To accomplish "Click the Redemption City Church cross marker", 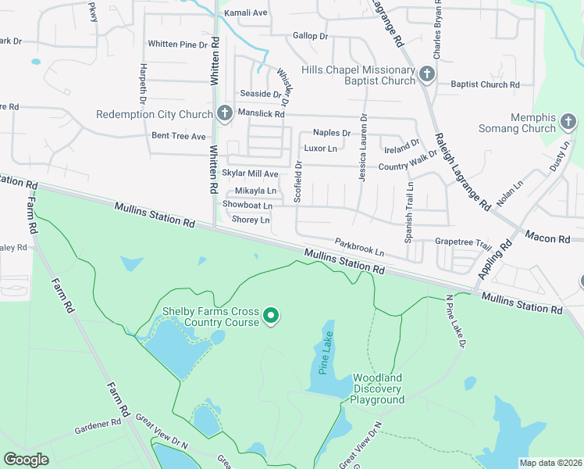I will [224, 114].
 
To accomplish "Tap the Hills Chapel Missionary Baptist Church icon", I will [426, 75].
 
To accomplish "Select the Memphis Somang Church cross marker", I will [568, 122].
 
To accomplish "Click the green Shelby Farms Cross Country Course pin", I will [271, 316].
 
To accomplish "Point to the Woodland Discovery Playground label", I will [377, 388].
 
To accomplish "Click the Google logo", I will [26, 460].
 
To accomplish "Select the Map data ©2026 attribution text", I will [550, 463].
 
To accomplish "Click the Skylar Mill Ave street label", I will [250, 174].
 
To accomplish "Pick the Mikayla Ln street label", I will [255, 191].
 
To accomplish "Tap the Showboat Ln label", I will [247, 205].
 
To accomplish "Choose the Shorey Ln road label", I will [251, 220].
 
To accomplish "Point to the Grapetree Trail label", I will [463, 243].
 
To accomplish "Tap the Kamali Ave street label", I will [246, 13].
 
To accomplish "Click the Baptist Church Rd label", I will [485, 84].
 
